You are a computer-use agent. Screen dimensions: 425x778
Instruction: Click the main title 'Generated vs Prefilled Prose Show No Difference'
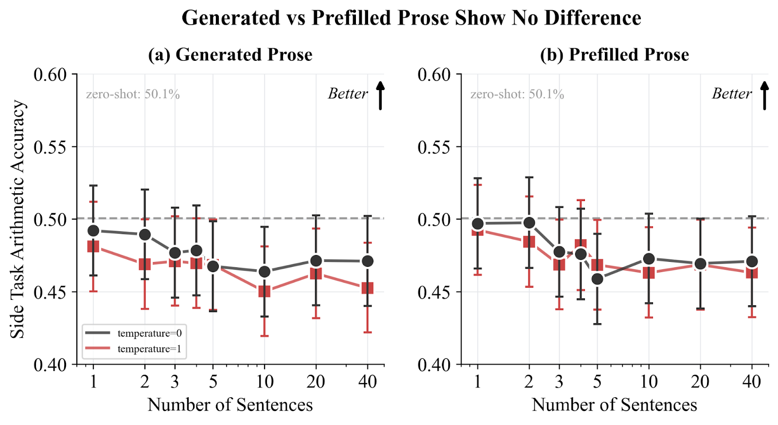(x=411, y=18)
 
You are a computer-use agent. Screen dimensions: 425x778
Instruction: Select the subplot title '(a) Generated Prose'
(x=230, y=55)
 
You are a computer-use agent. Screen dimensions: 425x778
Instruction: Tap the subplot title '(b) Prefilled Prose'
(x=614, y=55)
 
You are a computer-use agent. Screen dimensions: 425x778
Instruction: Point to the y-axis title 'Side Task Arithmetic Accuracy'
(x=18, y=219)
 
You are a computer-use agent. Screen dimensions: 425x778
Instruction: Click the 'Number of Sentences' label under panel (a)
(x=230, y=405)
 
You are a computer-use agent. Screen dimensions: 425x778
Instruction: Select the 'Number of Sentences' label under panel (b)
(x=614, y=405)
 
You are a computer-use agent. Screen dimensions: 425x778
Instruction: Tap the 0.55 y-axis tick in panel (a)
(x=50, y=147)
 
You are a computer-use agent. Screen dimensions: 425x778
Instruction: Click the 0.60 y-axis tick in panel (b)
(x=434, y=74)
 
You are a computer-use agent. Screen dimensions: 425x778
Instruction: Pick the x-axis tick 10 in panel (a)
(x=265, y=382)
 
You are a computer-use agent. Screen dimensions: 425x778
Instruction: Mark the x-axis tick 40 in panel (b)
(x=752, y=382)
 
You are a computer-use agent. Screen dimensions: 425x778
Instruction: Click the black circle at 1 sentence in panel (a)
(x=93, y=231)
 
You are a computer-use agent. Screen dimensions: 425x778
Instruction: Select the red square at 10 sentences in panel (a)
(x=265, y=292)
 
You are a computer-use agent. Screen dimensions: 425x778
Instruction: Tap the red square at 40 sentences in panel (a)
(x=368, y=288)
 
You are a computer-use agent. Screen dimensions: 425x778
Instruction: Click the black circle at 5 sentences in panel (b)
(x=597, y=279)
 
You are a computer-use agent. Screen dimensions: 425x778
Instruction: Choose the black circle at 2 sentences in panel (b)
(x=529, y=223)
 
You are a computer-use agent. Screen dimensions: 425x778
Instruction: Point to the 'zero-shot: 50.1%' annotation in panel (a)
(x=133, y=94)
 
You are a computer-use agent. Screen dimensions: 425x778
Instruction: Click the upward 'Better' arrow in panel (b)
(x=764, y=95)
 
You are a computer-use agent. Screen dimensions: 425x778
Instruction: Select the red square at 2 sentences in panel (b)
(x=529, y=242)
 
